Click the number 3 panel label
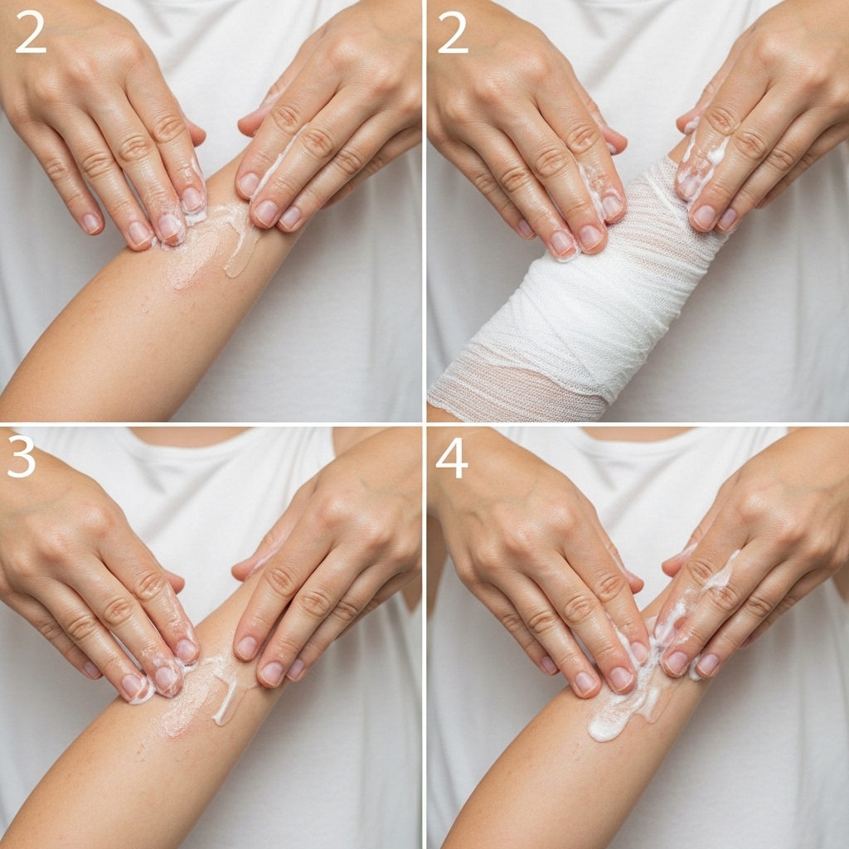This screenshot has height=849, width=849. pyautogui.click(x=21, y=457)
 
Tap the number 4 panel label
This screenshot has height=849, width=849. pyautogui.click(x=452, y=458)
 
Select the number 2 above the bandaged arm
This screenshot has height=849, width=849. pyautogui.click(x=452, y=33)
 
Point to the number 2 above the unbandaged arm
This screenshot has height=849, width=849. pyautogui.click(x=31, y=33)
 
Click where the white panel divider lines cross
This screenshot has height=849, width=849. pyautogui.click(x=424, y=424)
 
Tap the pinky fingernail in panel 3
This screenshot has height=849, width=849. pyautogui.click(x=92, y=669)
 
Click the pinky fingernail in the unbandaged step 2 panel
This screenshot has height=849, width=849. pyautogui.click(x=91, y=222)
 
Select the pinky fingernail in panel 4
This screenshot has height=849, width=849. pyautogui.click(x=548, y=664)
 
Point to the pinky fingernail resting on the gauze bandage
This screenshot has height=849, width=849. pyautogui.click(x=524, y=229)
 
